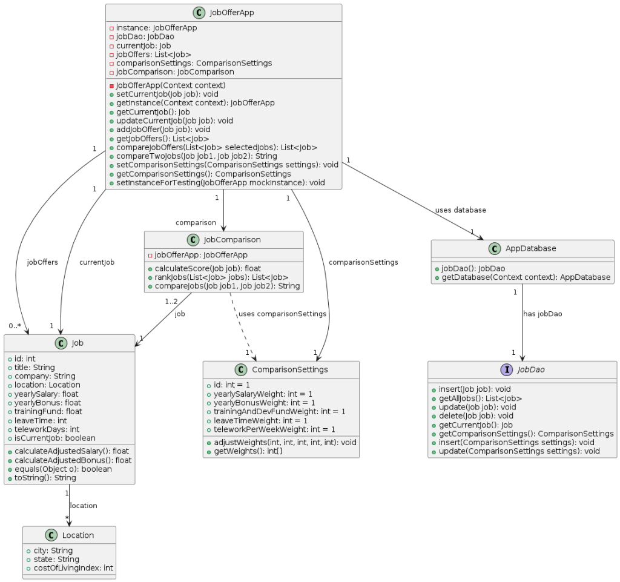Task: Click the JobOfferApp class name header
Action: (232, 13)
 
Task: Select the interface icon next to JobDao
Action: (507, 369)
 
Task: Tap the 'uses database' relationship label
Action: (461, 210)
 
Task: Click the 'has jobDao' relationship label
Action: (542, 314)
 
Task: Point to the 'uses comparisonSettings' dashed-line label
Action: (282, 314)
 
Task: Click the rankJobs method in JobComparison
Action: (222, 277)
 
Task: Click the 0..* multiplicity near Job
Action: (15, 326)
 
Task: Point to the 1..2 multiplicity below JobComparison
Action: (171, 302)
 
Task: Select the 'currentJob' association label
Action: (97, 262)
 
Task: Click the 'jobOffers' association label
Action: (42, 262)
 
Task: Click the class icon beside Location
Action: (51, 535)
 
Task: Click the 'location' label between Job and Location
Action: (84, 506)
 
